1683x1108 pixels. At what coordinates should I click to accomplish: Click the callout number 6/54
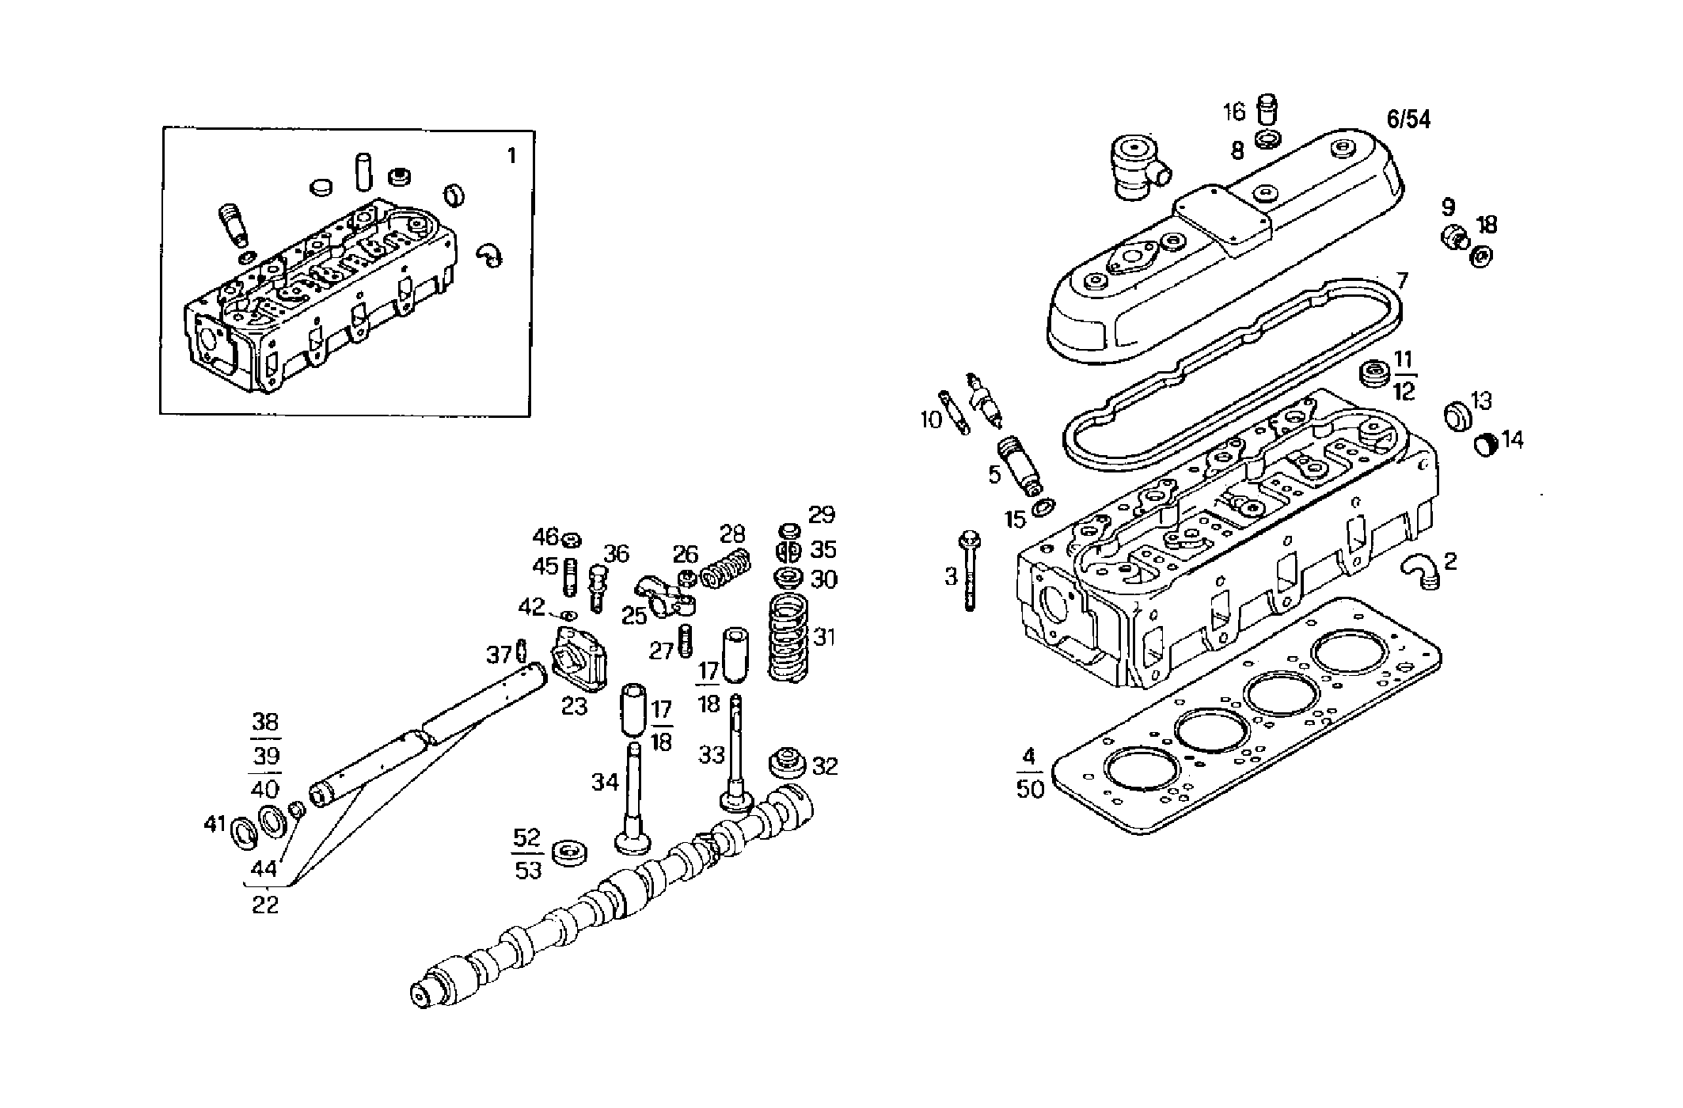pos(1408,120)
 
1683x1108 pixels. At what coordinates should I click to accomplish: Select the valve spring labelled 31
pos(788,637)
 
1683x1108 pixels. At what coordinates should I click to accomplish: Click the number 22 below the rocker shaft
pos(265,905)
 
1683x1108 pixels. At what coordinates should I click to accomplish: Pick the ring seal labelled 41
pos(243,833)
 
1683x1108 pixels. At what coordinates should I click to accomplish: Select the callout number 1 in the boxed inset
pos(511,156)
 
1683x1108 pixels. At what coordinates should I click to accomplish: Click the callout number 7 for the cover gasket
pos(1402,281)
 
